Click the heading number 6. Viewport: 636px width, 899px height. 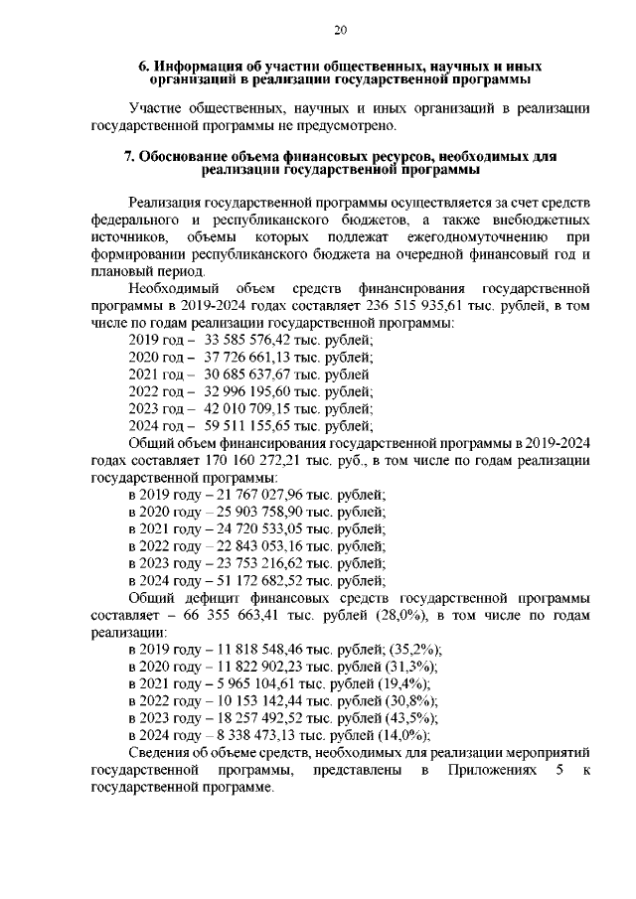[143, 66]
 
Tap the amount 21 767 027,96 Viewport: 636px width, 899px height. [260, 495]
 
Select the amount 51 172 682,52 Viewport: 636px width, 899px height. [260, 581]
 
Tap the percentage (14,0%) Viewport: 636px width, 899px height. [404, 736]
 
